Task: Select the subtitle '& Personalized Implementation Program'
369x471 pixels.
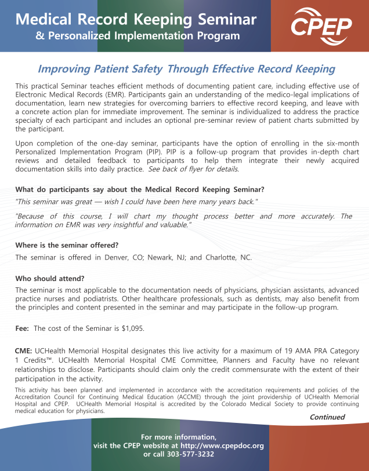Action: pos(138,36)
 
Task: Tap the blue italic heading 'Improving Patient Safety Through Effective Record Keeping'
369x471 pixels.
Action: pos(186,69)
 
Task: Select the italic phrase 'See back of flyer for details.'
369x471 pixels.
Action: pos(193,169)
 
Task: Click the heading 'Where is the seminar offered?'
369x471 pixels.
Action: pos(67,244)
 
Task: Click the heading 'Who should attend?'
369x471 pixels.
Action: pos(50,278)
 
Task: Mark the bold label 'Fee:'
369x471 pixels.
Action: pos(23,328)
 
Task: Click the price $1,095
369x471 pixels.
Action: pos(132,328)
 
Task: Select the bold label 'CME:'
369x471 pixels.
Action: pos(24,350)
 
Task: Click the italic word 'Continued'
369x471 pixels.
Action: pos(327,417)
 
